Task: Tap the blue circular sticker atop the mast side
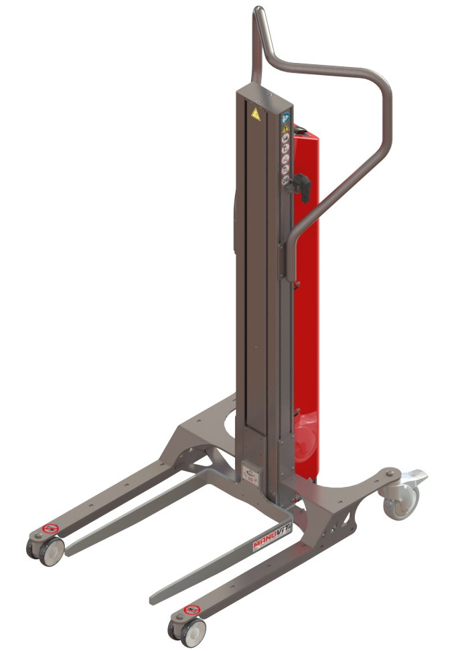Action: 285,117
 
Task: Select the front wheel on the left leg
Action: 49,551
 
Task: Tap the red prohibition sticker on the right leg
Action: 192,610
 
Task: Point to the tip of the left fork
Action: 71,551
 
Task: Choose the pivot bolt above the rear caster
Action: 390,475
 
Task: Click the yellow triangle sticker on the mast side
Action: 285,128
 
